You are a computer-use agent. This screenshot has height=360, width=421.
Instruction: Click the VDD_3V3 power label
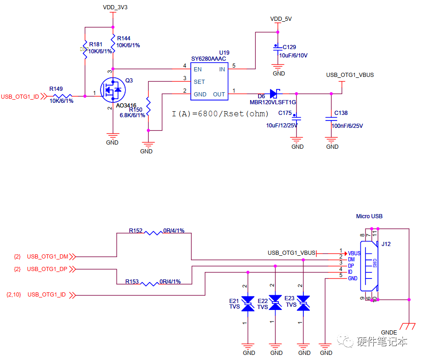pyautogui.click(x=114, y=8)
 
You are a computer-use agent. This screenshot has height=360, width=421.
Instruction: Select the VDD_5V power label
pyautogui.click(x=281, y=19)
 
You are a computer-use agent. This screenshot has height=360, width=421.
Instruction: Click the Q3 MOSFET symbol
pyautogui.click(x=113, y=89)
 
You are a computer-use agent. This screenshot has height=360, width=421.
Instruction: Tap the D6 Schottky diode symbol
pyautogui.click(x=276, y=94)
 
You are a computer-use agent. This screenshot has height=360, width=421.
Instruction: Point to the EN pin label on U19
pyautogui.click(x=198, y=69)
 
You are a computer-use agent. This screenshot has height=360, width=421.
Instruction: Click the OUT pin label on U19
pyautogui.click(x=219, y=95)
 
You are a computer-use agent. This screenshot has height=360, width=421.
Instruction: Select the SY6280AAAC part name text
pyautogui.click(x=208, y=59)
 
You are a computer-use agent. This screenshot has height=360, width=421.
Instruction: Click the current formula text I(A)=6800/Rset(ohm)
pyautogui.click(x=220, y=114)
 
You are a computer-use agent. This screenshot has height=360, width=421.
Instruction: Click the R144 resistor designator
pyautogui.click(x=124, y=38)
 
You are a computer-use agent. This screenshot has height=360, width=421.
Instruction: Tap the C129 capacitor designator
pyautogui.click(x=289, y=47)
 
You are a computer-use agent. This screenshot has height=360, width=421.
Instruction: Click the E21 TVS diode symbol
pyautogui.click(x=249, y=303)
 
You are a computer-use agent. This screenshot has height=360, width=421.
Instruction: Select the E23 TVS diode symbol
pyautogui.click(x=303, y=303)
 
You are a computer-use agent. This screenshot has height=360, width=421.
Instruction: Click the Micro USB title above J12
pyautogui.click(x=369, y=216)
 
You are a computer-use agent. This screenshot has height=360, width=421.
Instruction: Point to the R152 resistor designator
pyautogui.click(x=136, y=230)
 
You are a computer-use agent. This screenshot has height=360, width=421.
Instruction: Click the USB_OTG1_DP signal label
pyautogui.click(x=48, y=269)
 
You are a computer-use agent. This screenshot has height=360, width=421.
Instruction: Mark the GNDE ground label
pyautogui.click(x=389, y=333)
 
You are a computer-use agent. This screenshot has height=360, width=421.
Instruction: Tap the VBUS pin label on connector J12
pyautogui.click(x=354, y=253)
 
